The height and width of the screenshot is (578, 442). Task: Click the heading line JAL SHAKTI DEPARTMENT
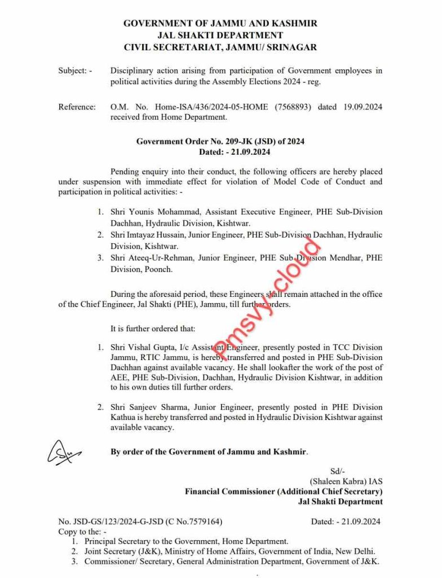[x=220, y=35]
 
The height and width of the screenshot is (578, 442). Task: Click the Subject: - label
[x=75, y=71]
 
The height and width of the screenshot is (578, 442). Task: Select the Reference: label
[x=77, y=107]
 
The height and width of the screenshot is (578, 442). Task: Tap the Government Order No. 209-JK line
[x=220, y=141]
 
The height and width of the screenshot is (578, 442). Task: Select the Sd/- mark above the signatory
[x=338, y=471]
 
